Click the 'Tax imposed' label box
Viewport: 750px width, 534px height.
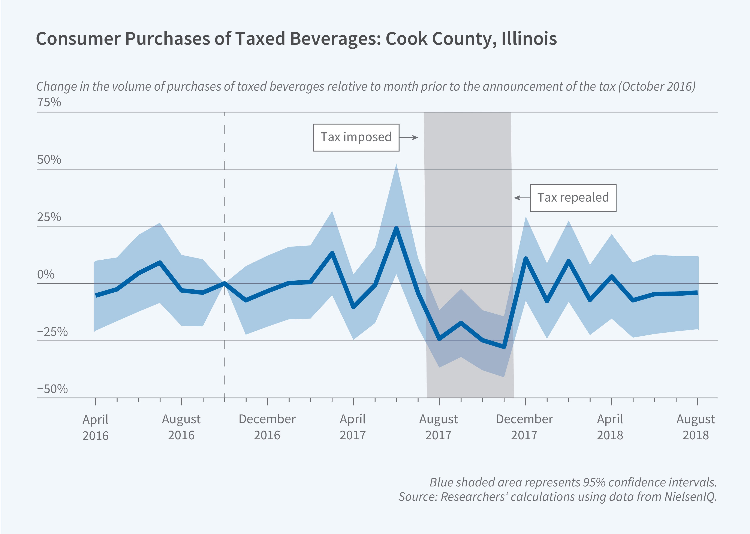tap(356, 138)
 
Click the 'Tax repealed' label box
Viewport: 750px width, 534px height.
tap(573, 198)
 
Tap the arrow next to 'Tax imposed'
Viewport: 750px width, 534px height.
tap(409, 138)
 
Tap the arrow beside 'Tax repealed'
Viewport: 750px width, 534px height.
tap(522, 198)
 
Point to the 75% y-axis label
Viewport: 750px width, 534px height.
tap(49, 102)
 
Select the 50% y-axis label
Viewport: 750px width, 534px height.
tap(49, 160)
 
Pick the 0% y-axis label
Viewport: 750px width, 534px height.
tap(46, 274)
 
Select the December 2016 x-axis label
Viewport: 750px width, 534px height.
tap(267, 427)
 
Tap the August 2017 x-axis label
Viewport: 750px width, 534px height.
tap(438, 427)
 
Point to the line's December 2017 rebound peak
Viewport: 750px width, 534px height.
tap(525, 259)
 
